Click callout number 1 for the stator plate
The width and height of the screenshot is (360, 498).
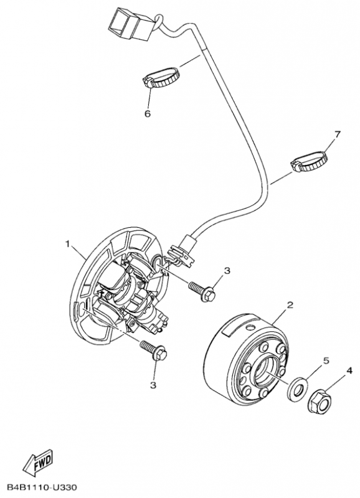pyautogui.click(x=68, y=243)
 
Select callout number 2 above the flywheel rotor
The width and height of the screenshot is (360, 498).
pyautogui.click(x=290, y=305)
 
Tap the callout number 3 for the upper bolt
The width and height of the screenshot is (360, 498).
pyautogui.click(x=227, y=270)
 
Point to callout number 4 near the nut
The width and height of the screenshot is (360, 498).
pyautogui.click(x=349, y=371)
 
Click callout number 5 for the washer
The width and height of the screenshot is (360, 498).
pyautogui.click(x=324, y=360)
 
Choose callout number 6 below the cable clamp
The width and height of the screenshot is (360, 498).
pyautogui.click(x=148, y=114)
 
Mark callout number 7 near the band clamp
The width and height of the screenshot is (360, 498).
pyautogui.click(x=337, y=134)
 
